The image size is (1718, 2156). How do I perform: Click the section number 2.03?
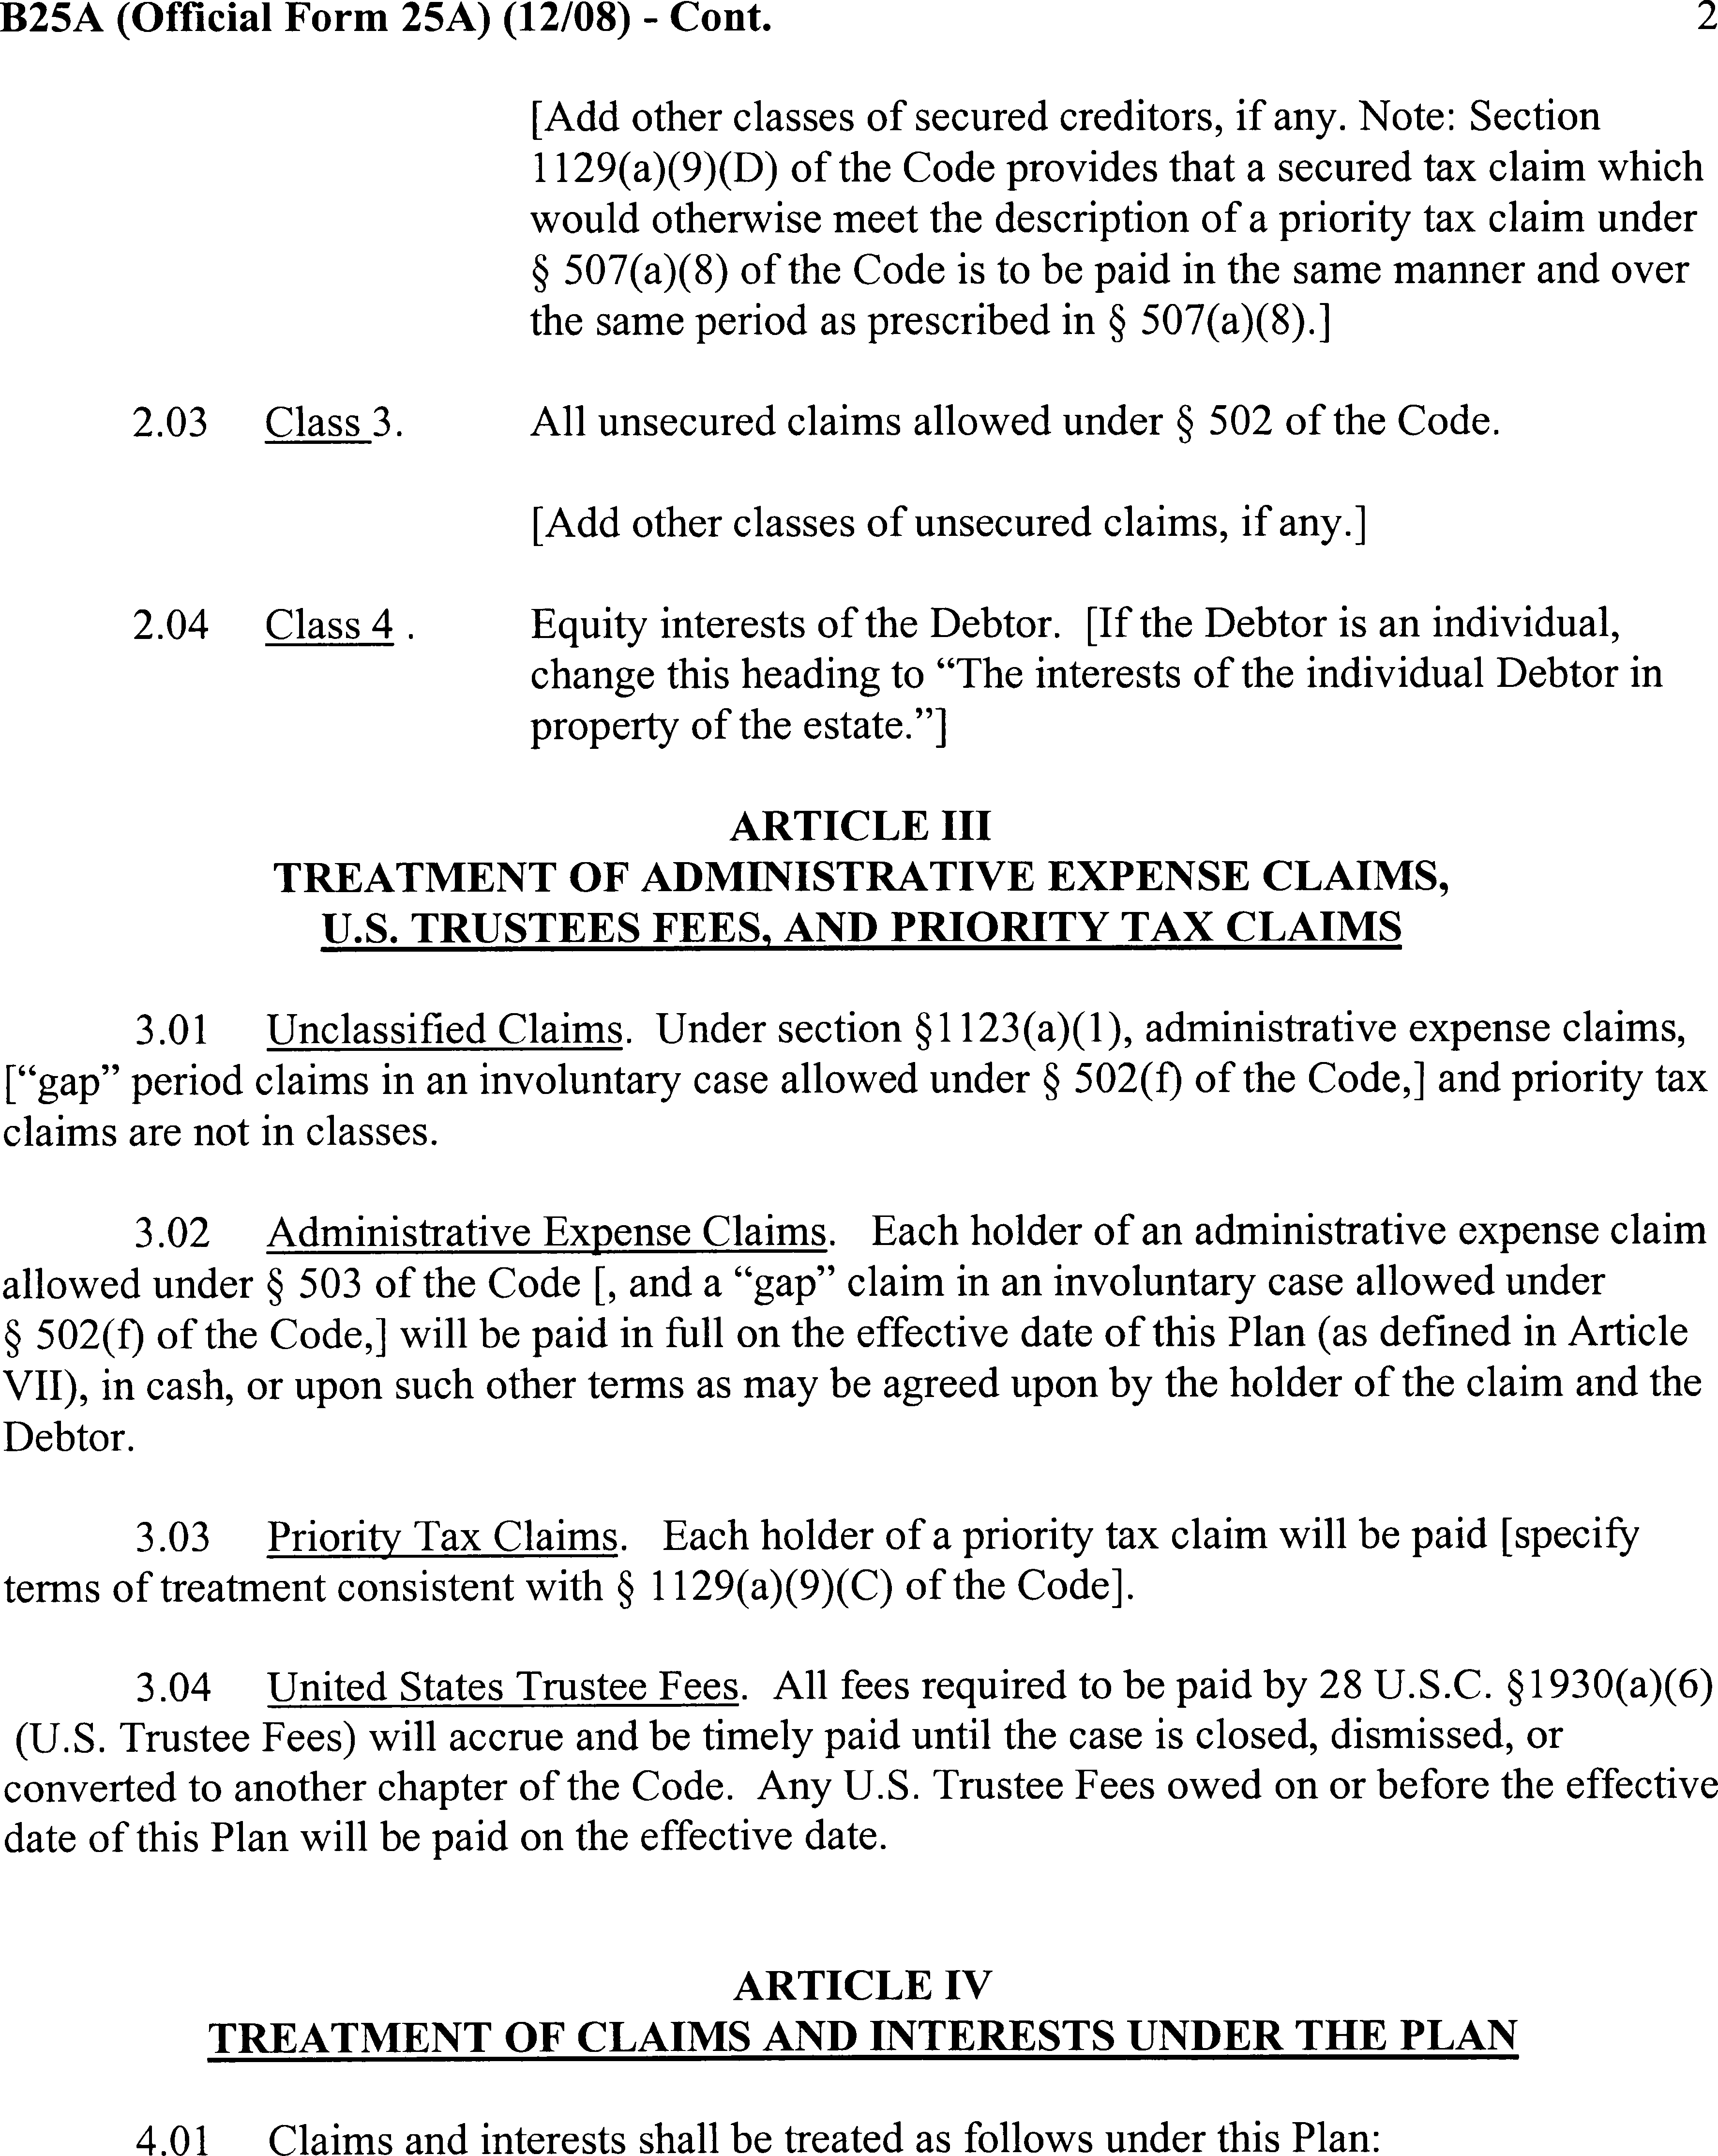(x=170, y=422)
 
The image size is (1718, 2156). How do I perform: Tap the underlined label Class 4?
(x=330, y=625)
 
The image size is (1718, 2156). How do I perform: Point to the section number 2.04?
(x=170, y=625)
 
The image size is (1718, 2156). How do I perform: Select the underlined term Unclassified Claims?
(x=445, y=1029)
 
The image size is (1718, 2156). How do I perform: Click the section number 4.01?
(x=173, y=2138)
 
